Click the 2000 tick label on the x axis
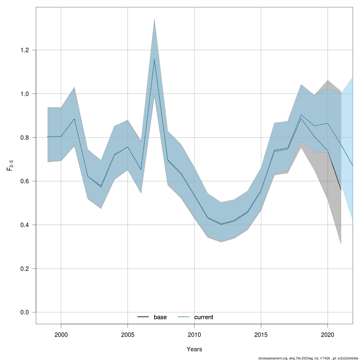tap(61, 334)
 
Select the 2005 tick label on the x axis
tap(128, 334)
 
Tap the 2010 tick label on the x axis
tap(194, 334)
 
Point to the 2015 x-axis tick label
tap(261, 334)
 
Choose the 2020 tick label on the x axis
tap(328, 334)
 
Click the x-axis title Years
tap(194, 349)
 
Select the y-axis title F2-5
tap(10, 165)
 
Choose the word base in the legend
tap(160, 317)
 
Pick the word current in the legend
tap(204, 317)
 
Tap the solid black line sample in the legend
tap(143, 317)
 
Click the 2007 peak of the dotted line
tap(154, 59)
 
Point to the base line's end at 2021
tap(341, 190)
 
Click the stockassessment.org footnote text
tap(308, 358)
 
